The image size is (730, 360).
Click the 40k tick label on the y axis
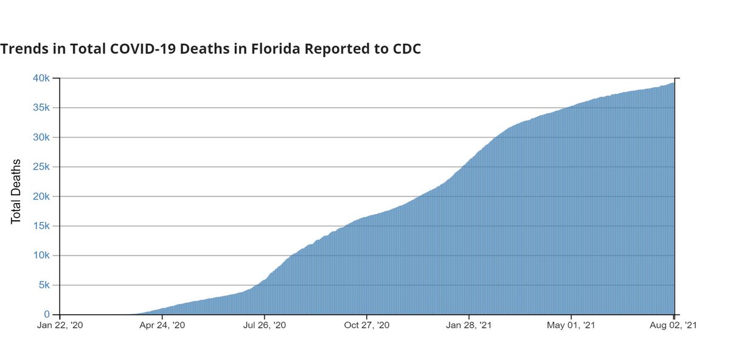point(41,78)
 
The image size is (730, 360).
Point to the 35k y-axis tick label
point(41,108)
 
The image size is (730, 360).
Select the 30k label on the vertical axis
point(41,137)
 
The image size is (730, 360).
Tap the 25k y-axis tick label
point(41,167)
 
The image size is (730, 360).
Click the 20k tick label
point(41,196)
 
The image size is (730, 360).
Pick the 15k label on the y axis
point(41,226)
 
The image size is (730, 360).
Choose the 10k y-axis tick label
point(41,255)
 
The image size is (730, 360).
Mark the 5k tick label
point(44,285)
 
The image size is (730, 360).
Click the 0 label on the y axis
point(47,315)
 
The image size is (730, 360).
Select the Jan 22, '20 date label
point(60,327)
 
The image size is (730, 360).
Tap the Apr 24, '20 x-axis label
point(162,327)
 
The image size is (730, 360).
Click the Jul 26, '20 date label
point(265,327)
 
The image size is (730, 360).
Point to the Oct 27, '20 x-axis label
point(367,327)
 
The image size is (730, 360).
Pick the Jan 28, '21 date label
point(469,327)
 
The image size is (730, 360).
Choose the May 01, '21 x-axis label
point(571,327)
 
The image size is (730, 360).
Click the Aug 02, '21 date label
point(673,327)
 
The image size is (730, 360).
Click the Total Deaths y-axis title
point(16,192)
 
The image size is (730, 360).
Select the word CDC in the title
point(404,49)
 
